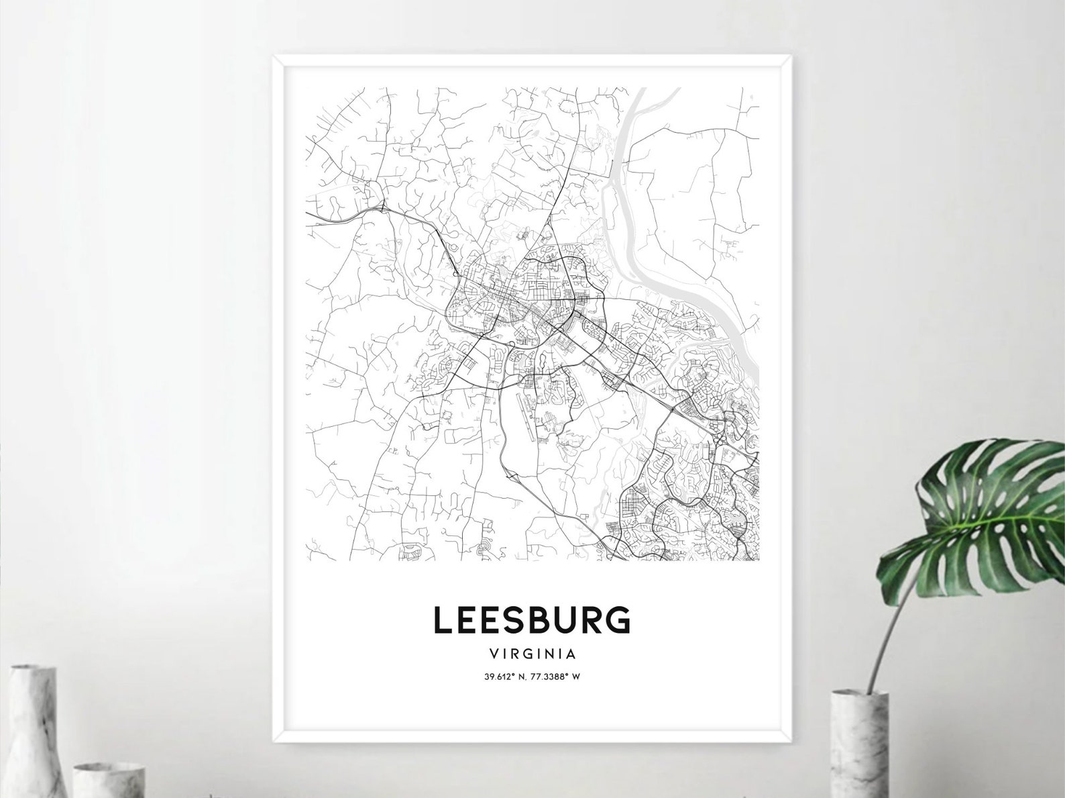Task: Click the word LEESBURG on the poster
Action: click(532, 620)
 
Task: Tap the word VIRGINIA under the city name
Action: click(532, 652)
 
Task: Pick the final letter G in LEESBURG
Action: click(620, 620)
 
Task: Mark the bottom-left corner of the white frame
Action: click(275, 742)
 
